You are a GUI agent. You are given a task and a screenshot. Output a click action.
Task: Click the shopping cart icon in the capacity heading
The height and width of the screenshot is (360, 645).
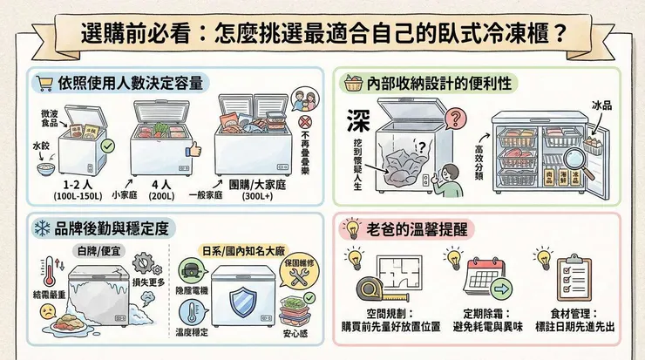point(44,84)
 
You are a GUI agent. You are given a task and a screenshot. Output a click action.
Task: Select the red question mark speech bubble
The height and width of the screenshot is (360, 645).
point(453,119)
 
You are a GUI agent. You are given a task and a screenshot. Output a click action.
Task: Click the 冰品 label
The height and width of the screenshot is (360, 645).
point(602,105)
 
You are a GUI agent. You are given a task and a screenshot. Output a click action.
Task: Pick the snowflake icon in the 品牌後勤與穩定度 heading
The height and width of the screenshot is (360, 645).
point(43,228)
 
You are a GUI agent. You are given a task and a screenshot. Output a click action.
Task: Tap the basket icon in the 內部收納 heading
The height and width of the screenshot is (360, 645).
point(354,84)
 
